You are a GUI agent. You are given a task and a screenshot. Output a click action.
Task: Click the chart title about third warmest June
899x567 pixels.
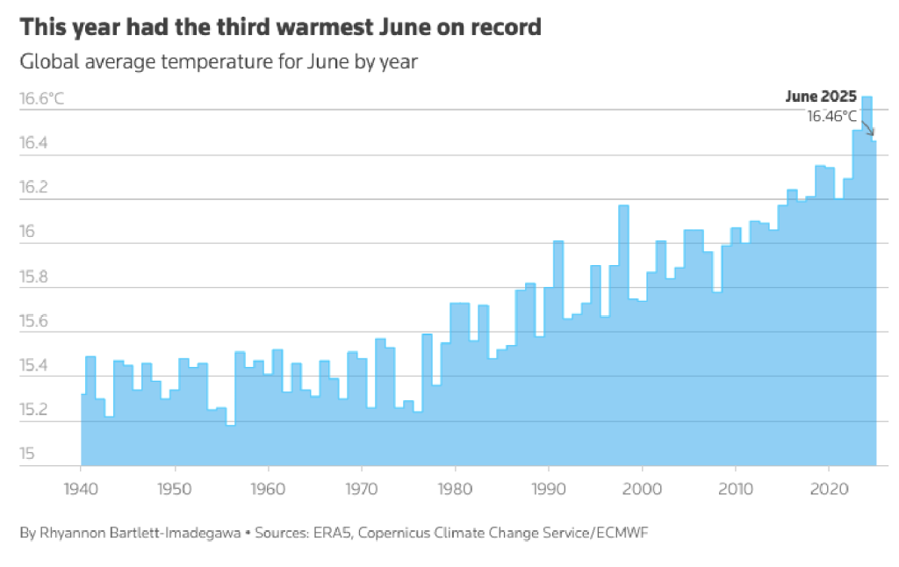pyautogui.click(x=280, y=28)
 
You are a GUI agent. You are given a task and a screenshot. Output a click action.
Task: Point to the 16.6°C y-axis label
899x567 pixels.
pyautogui.click(x=41, y=98)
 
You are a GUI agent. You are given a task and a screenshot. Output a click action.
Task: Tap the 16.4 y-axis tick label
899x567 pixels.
pyautogui.click(x=33, y=143)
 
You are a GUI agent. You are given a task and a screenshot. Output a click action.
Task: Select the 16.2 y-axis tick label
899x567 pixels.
pyautogui.click(x=33, y=188)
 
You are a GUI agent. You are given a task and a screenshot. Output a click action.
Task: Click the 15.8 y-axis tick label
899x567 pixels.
pyautogui.click(x=33, y=277)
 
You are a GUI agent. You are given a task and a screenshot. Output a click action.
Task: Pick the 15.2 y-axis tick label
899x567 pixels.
pyautogui.click(x=33, y=410)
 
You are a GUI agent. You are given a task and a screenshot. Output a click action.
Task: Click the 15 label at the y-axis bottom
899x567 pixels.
pyautogui.click(x=27, y=455)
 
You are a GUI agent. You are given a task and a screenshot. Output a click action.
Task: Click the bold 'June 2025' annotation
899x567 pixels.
pyautogui.click(x=820, y=97)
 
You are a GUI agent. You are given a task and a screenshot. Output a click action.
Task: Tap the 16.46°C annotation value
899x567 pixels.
pyautogui.click(x=831, y=116)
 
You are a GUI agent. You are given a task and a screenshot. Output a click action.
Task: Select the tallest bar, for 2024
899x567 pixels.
pyautogui.click(x=867, y=263)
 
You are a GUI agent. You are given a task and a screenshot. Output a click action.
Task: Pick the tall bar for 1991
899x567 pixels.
pyautogui.click(x=557, y=351)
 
